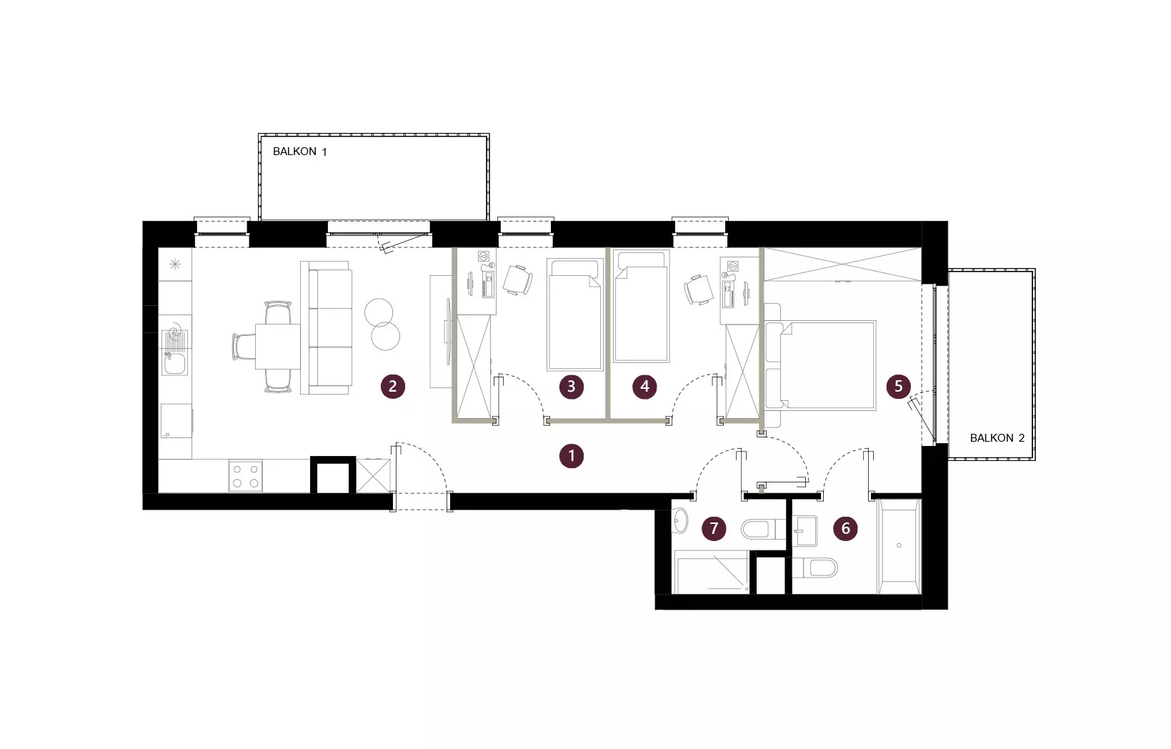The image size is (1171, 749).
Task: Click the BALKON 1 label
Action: (299, 152)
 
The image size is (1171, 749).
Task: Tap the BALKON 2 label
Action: (997, 438)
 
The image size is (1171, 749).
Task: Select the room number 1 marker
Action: (572, 456)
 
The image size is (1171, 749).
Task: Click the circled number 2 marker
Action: (393, 387)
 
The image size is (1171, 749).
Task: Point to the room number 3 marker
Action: (572, 387)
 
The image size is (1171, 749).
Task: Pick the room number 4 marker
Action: (644, 387)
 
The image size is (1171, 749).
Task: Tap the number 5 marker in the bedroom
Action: (899, 387)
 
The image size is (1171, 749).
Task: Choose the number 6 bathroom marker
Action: (845, 528)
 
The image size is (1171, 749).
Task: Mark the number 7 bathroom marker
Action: (714, 528)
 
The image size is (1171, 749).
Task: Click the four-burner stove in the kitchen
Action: (245, 476)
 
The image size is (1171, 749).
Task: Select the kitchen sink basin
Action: (174, 363)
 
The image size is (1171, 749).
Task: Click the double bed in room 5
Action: (820, 365)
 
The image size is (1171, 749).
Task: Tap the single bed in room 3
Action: (574, 314)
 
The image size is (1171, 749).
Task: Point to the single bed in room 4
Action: (642, 307)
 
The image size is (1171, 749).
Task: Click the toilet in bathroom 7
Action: (763, 530)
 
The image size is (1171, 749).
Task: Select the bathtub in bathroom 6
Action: (900, 547)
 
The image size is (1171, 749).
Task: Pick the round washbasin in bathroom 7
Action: (679, 521)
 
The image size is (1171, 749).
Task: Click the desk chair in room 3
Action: (518, 280)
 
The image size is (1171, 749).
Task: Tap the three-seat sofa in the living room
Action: (325, 328)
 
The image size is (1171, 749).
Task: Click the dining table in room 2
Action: (278, 347)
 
